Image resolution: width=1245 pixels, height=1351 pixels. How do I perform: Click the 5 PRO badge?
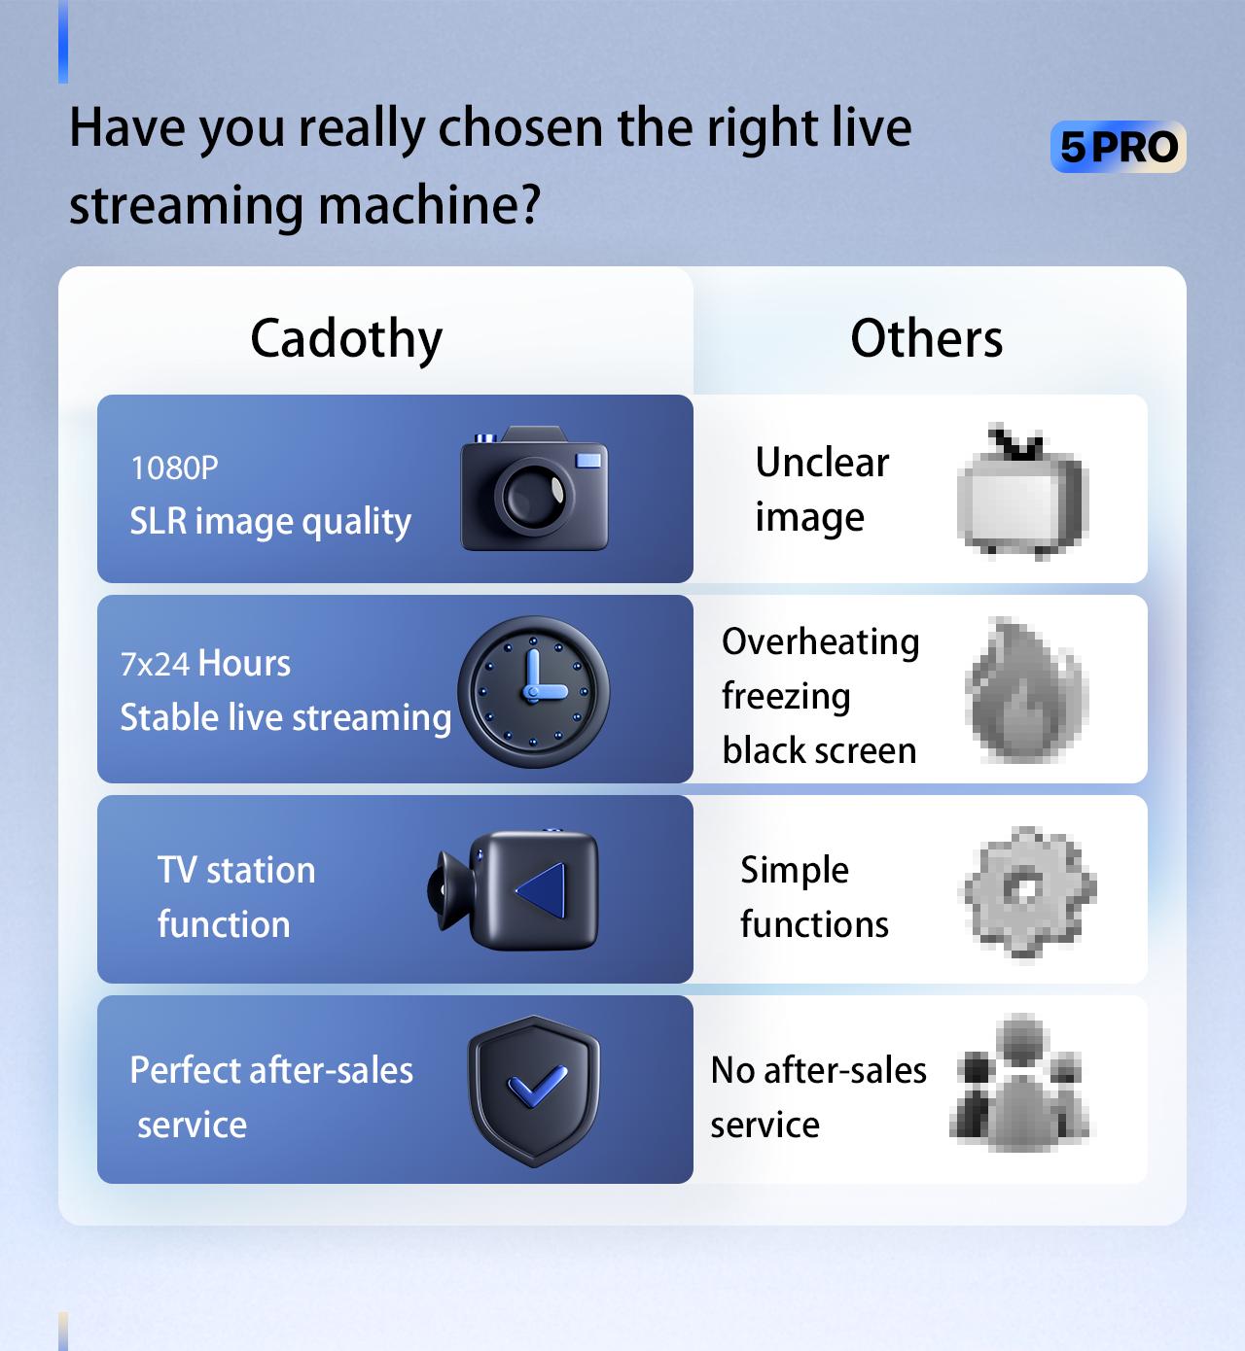tap(1118, 147)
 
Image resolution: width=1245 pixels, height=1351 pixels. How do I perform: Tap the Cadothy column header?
tap(346, 339)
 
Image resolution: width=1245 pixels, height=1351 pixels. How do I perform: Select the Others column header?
tap(926, 339)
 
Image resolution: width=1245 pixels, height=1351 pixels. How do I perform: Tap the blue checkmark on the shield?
tap(536, 1087)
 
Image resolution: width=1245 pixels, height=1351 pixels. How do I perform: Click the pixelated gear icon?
tap(1029, 889)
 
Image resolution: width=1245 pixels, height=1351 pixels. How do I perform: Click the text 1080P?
tap(174, 468)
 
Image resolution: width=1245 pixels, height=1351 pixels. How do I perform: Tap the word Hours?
tap(244, 664)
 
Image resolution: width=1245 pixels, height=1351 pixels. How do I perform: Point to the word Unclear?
tap(822, 463)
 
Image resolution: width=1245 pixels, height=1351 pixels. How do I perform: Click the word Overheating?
tap(820, 642)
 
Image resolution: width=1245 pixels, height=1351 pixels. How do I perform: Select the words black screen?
tap(819, 751)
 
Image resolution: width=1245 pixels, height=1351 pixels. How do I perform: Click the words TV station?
tap(236, 870)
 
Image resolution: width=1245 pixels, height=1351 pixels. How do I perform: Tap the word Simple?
tap(794, 870)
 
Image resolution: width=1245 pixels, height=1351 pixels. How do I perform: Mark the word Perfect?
tap(185, 1070)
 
